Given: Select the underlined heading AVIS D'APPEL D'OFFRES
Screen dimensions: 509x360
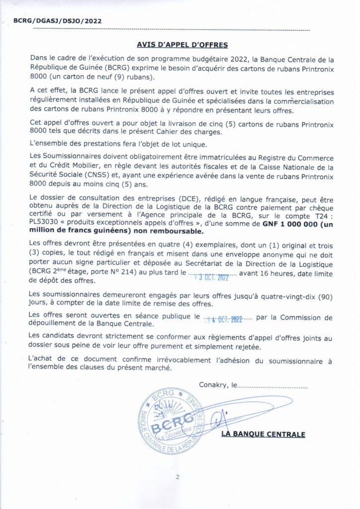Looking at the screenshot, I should click(182, 45).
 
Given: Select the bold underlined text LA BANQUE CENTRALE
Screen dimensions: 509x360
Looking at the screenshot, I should click(263, 434).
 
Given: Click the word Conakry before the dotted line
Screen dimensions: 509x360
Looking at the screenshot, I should click(212, 384).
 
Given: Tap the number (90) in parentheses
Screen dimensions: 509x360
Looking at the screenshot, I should click(312, 295).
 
